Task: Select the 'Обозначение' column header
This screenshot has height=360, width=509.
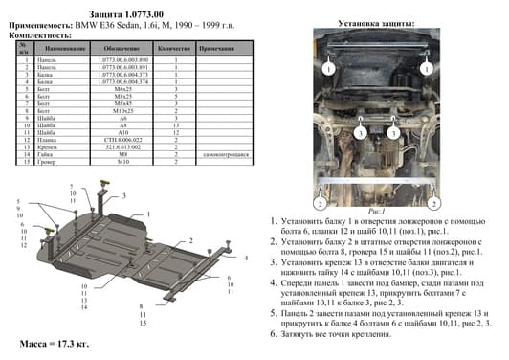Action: click(x=123, y=47)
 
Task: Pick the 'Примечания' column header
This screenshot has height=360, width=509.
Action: click(x=219, y=47)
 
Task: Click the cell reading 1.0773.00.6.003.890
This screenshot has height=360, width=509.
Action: click(x=123, y=60)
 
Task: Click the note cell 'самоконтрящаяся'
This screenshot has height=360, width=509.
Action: click(x=223, y=152)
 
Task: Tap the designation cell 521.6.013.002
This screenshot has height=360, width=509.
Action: click(x=123, y=146)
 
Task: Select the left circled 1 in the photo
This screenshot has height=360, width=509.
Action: click(x=327, y=69)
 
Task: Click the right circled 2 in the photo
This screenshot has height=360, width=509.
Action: click(x=436, y=203)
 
